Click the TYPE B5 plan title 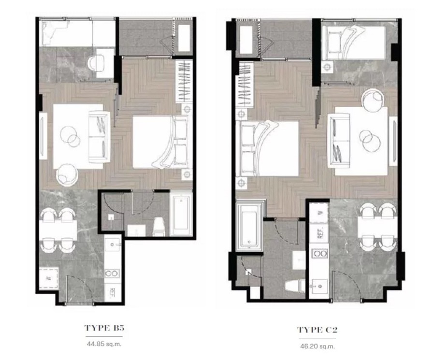pyautogui.click(x=105, y=328)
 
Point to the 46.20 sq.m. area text pyautogui.click(x=317, y=346)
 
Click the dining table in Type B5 pyautogui.click(x=58, y=230)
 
